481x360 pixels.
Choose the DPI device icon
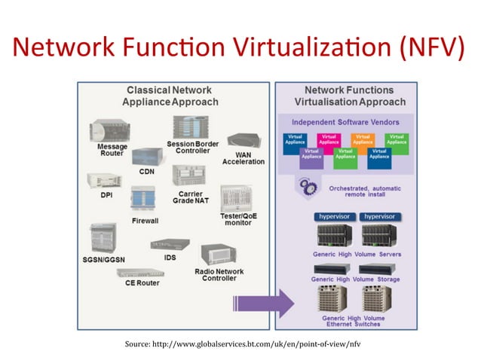(103, 181)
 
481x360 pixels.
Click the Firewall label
(146, 221)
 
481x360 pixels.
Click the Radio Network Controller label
(220, 275)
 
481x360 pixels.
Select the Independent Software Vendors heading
(348, 122)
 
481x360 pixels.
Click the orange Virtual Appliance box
(363, 139)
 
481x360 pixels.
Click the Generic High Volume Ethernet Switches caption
(354, 322)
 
